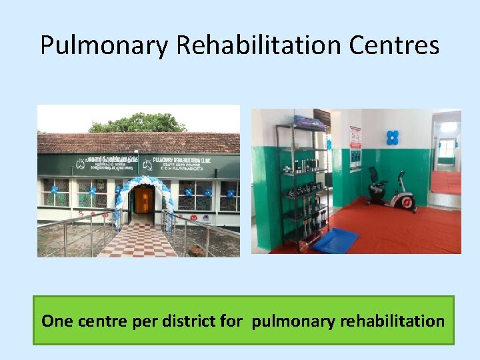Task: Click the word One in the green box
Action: [57, 321]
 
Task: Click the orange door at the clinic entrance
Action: [144, 199]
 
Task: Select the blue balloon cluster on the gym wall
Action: [392, 137]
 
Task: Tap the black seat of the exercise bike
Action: [375, 172]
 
